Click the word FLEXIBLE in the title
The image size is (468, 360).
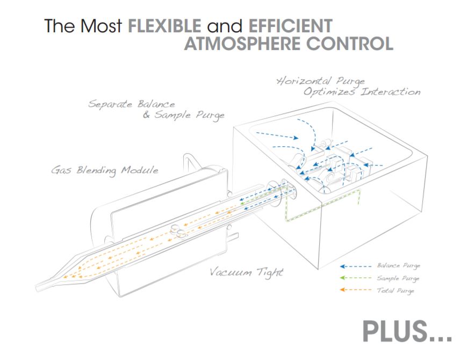(164, 26)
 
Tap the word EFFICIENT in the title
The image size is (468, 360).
(290, 26)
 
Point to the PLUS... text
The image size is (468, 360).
(407, 332)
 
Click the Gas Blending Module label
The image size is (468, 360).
(105, 170)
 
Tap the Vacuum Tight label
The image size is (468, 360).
(246, 272)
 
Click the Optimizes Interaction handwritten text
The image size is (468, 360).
(361, 92)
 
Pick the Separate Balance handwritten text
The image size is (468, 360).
(132, 104)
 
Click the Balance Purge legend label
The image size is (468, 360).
(398, 266)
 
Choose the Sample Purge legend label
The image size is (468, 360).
(398, 278)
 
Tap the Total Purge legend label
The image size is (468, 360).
(395, 291)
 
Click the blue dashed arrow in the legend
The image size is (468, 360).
(356, 266)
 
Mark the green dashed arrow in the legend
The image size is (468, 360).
(356, 278)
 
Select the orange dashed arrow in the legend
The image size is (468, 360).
(356, 291)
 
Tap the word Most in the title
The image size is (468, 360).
(99, 26)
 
